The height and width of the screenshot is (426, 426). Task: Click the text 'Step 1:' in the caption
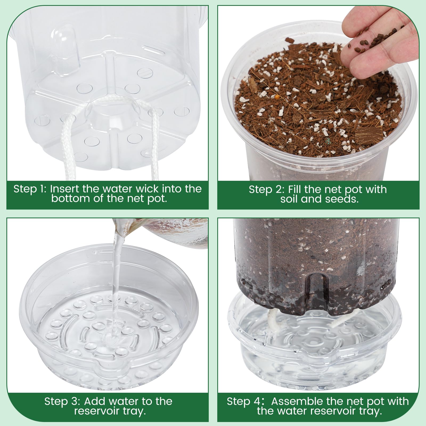point(30,189)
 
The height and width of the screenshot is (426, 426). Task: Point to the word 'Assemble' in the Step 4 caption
point(297,401)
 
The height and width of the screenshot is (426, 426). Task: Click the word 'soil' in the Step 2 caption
point(289,199)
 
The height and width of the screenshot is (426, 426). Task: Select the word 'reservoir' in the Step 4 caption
point(331,411)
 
